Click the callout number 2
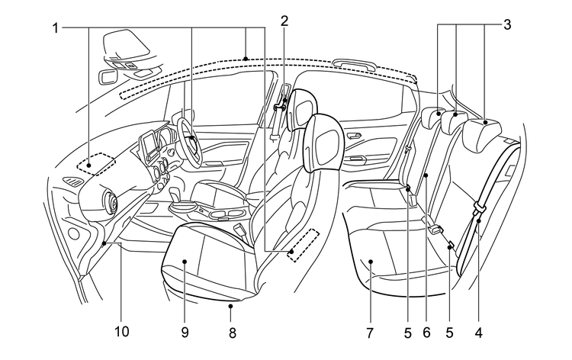[x=284, y=21]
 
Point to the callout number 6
[x=427, y=332]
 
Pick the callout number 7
[x=371, y=332]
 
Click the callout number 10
[x=122, y=332]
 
